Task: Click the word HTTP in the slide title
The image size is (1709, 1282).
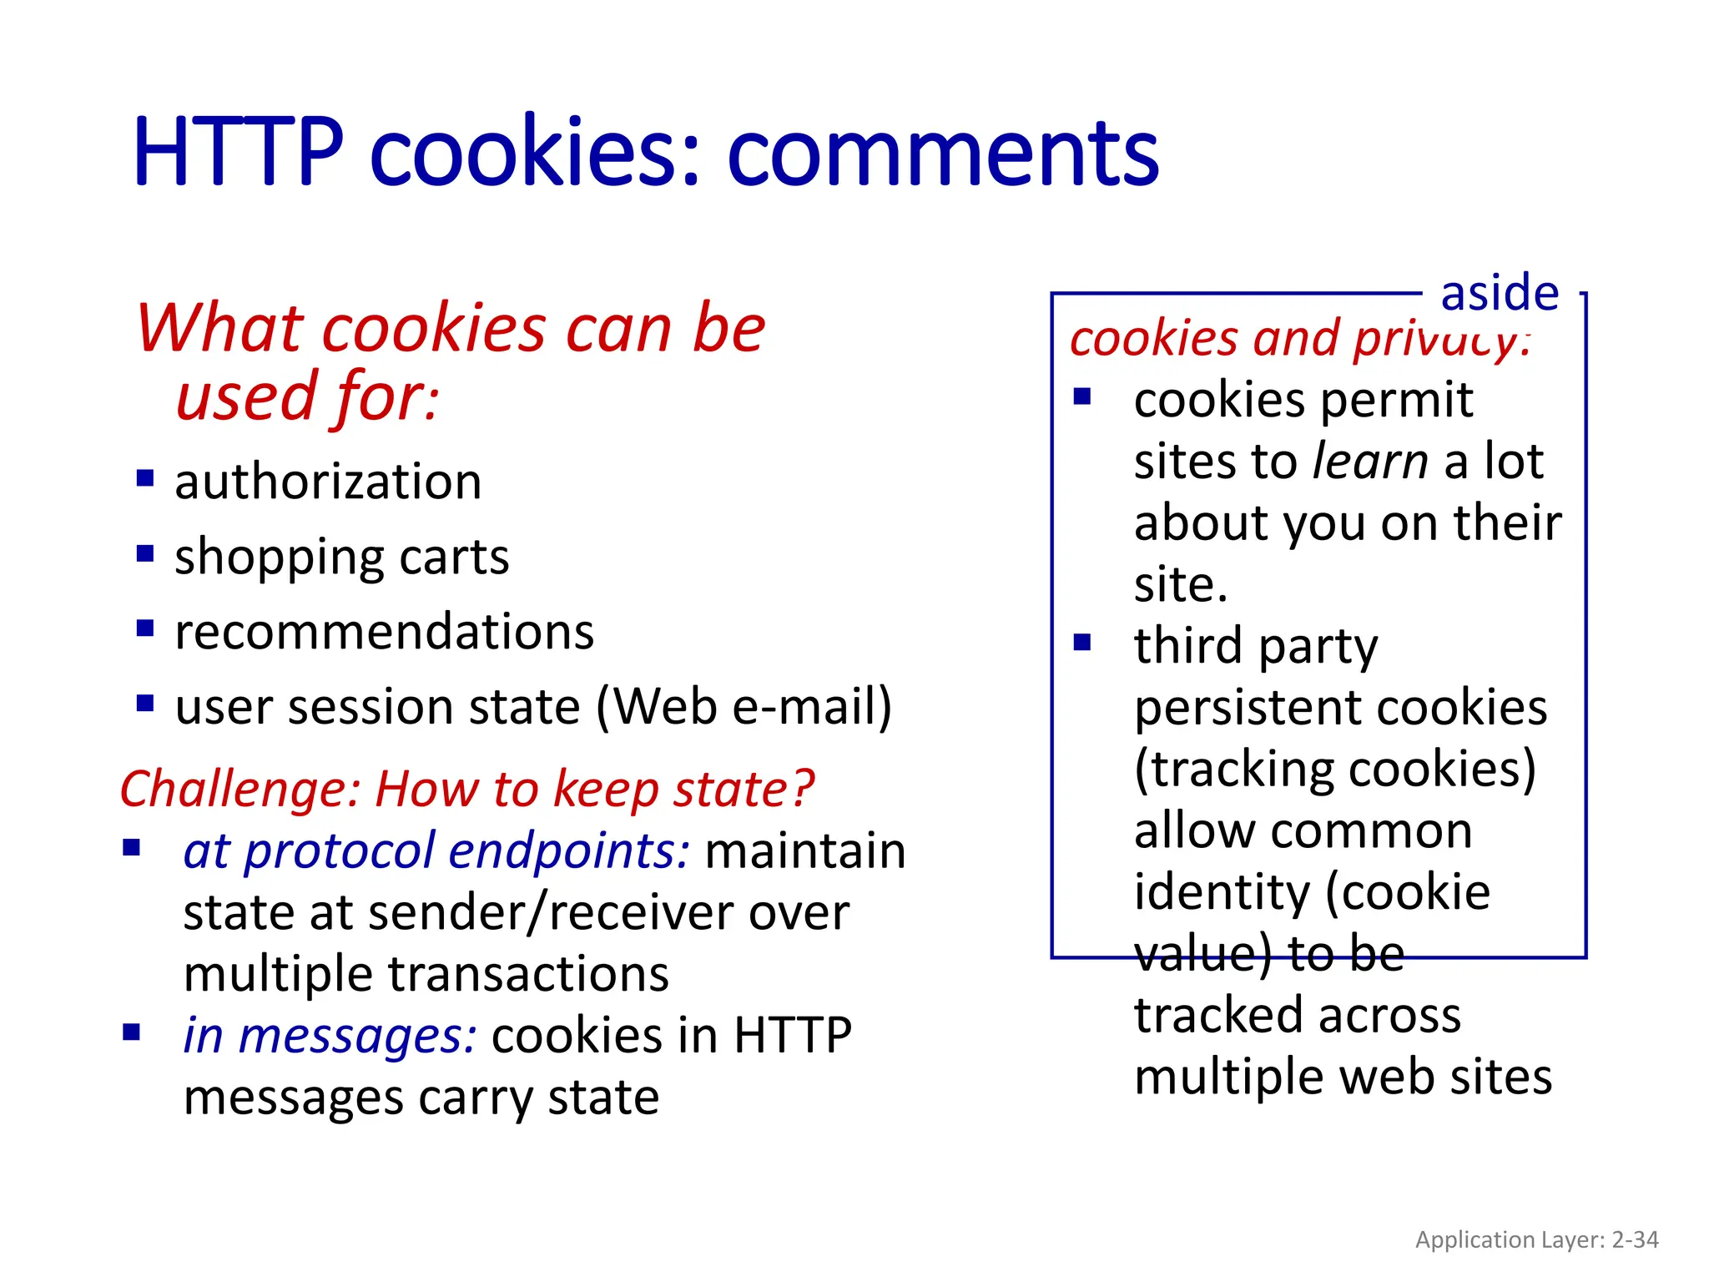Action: pos(238,152)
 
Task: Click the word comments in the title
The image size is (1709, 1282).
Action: pos(943,154)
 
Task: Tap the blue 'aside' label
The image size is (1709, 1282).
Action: pos(1500,293)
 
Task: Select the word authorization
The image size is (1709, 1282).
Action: pos(328,482)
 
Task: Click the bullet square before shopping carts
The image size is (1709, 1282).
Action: pos(145,553)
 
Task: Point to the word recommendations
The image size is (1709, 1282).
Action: pos(384,632)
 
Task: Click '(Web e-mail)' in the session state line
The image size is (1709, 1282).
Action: pos(744,707)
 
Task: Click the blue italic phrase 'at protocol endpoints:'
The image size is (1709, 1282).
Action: pos(436,851)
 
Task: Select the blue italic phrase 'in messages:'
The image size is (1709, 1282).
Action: pos(330,1036)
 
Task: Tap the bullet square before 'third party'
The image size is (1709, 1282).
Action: pos(1082,643)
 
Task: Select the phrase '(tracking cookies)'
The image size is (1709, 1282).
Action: pos(1334,769)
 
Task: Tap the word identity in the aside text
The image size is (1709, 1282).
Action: pos(1222,892)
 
